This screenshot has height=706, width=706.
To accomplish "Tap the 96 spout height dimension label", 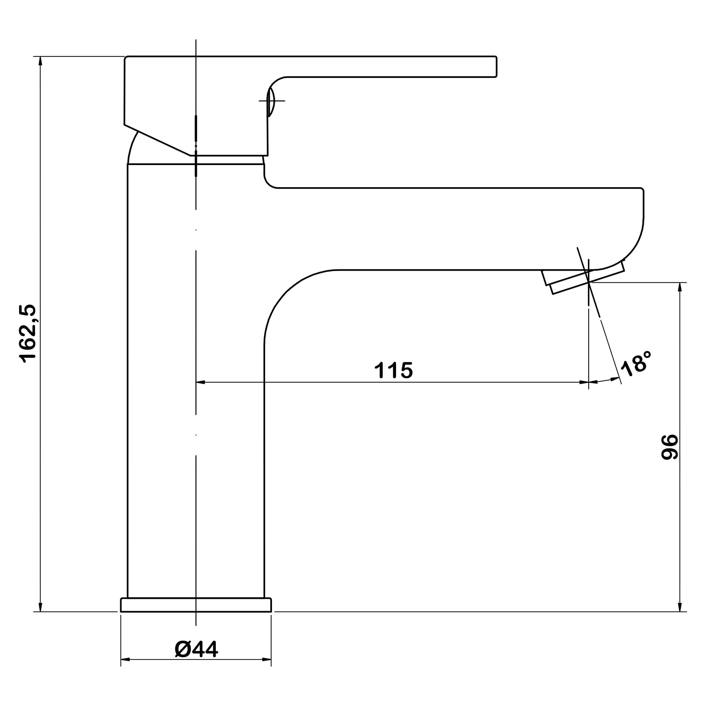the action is click(670, 447).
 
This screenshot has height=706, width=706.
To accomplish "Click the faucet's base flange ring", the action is click(196, 604).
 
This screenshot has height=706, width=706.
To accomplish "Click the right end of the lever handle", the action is click(496, 67).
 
